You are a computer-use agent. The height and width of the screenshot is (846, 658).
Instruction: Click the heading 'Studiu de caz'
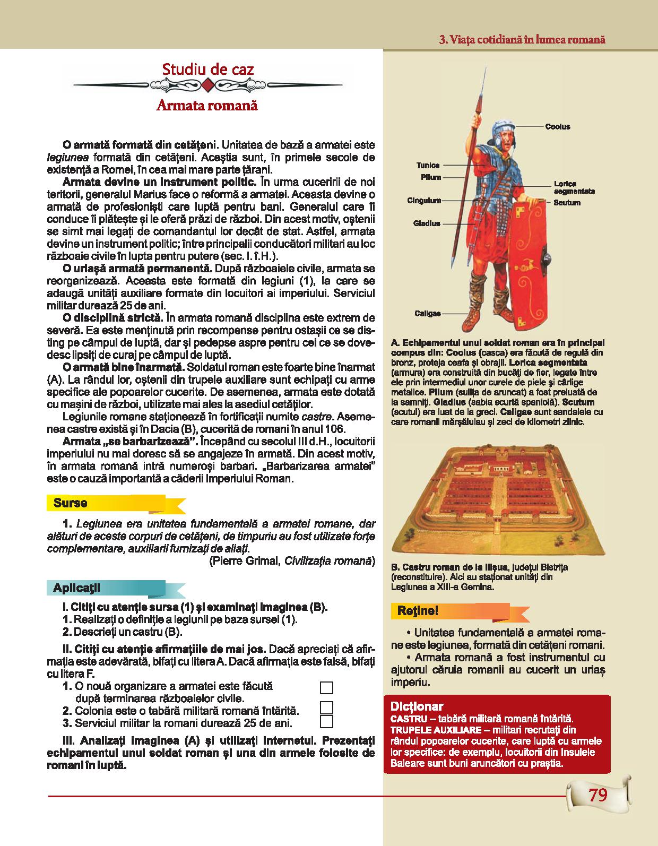(207, 69)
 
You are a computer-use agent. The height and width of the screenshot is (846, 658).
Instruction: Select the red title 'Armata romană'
(207, 106)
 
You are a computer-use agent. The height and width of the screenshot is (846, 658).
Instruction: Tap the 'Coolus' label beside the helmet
(557, 126)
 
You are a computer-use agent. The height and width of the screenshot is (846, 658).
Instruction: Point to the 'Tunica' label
(428, 166)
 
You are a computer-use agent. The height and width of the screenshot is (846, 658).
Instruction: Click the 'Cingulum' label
(424, 201)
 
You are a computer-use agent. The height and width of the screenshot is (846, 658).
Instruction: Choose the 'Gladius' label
(427, 223)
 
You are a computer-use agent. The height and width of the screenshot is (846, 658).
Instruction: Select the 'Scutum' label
(567, 203)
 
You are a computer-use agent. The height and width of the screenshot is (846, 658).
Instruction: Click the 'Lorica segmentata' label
(574, 187)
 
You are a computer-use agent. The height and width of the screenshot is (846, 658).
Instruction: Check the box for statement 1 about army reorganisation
(327, 688)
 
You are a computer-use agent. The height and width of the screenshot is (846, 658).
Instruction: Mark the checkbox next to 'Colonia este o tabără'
(327, 708)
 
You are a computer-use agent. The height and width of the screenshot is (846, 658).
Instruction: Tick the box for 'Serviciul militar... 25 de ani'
(327, 721)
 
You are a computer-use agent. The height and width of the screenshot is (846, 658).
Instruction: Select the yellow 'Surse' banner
(70, 503)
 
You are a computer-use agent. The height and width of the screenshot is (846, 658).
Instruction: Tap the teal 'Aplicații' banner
(76, 588)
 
